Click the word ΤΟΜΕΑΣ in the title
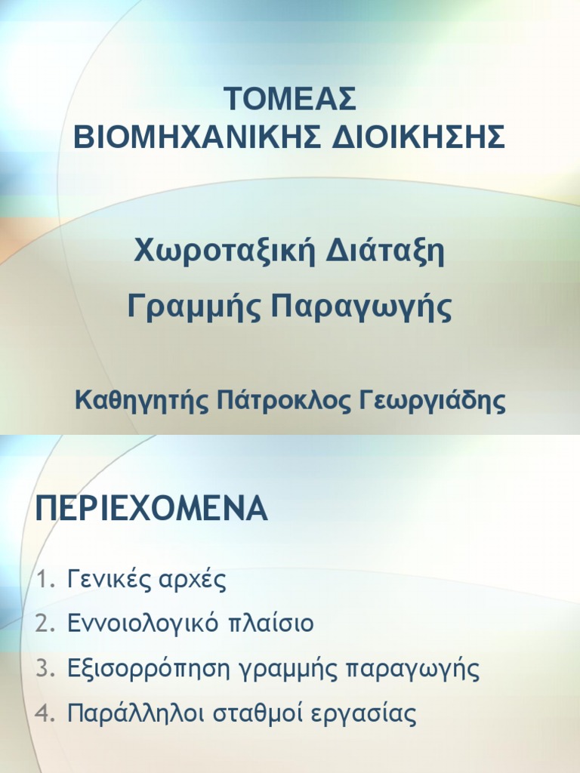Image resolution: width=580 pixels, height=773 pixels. tap(290, 100)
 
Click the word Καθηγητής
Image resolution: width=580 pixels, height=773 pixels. tap(141, 402)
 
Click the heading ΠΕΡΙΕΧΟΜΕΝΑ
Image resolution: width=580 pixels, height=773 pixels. tap(152, 510)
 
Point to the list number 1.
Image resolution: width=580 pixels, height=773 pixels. tap(44, 581)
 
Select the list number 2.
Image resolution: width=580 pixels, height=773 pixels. tap(44, 625)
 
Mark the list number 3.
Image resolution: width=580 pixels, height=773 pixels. tap(44, 669)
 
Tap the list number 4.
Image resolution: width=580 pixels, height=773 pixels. tap(44, 713)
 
